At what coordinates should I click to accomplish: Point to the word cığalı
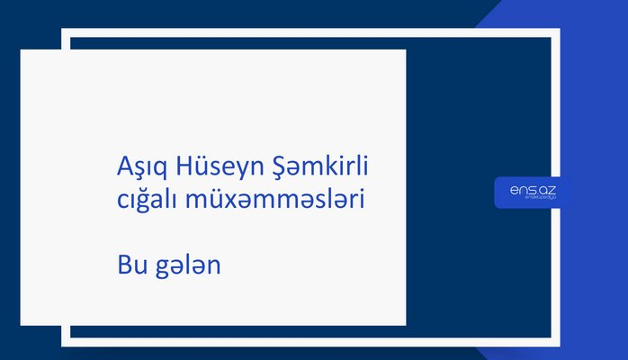click(147, 202)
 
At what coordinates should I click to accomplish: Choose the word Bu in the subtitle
click(130, 266)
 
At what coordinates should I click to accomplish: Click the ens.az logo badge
click(533, 193)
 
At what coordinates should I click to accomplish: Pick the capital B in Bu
click(124, 266)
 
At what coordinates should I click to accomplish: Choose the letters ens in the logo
click(523, 190)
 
